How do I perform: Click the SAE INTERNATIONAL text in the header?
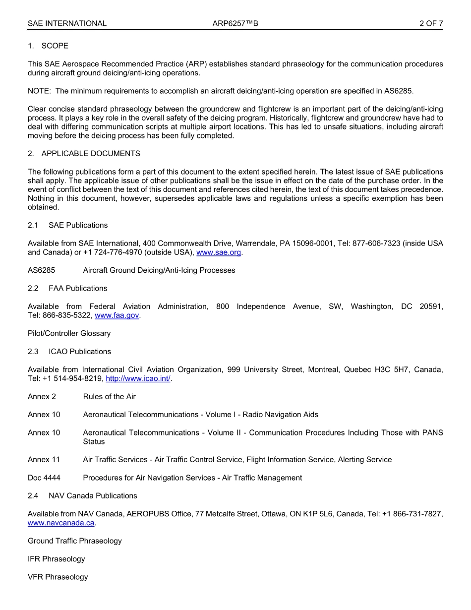coord(67,23)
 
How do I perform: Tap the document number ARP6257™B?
coord(235,23)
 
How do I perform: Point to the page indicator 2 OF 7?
coord(431,23)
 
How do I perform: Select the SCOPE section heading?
coord(55,46)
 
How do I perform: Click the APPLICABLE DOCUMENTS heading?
coord(91,153)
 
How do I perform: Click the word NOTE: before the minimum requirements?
coord(39,91)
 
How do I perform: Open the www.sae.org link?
coord(219,252)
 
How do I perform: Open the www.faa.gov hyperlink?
coord(117,315)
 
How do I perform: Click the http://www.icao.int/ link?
coord(138,378)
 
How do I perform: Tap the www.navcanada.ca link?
coord(61,523)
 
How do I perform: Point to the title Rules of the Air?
coord(109,396)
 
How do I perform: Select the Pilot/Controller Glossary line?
coord(69,333)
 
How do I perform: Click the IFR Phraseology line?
coord(56,559)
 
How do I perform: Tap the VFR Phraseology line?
coord(58,577)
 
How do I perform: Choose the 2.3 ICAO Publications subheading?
coord(69,351)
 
